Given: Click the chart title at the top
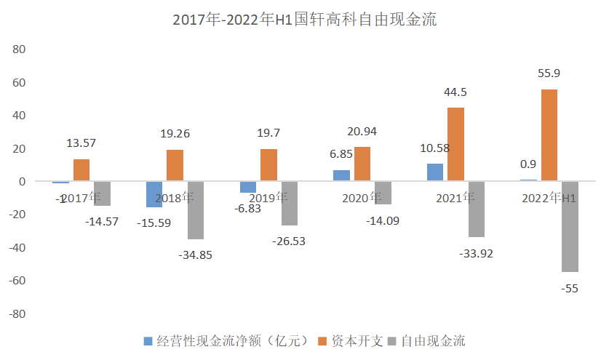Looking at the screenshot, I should point(304,20).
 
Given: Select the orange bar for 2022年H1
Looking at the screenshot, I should point(549,135).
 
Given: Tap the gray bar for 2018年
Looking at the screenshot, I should point(196,210).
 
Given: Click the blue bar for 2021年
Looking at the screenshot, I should point(435,172).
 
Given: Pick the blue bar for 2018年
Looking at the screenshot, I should point(154,194).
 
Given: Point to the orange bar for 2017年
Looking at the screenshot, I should point(81,170).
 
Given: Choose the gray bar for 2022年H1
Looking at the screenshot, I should point(570,226).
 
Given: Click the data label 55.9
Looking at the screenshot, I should point(549,73).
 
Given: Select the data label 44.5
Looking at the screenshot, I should point(456,92).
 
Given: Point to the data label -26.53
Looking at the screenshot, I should point(289,241).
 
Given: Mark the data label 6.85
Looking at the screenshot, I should point(341,155).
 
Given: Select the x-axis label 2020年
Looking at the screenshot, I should point(362,197).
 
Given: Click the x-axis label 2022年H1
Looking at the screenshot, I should point(549,197).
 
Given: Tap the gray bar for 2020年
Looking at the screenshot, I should point(383,193).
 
